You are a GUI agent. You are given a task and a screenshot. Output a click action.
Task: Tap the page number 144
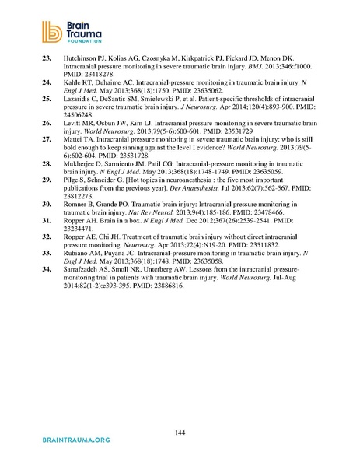click(180, 430)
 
